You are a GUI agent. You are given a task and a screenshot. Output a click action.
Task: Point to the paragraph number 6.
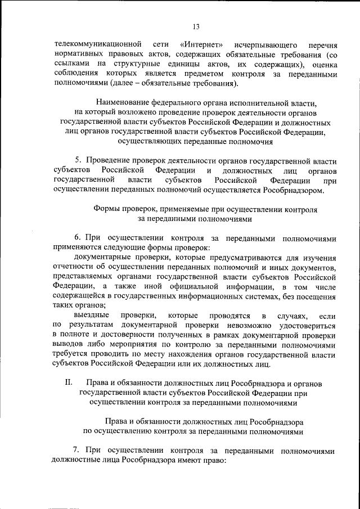(78, 238)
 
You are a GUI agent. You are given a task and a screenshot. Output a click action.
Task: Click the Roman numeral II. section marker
(69, 382)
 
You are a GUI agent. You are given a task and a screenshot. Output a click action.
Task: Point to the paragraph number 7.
(78, 451)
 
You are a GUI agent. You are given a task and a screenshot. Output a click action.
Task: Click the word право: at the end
(212, 460)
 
